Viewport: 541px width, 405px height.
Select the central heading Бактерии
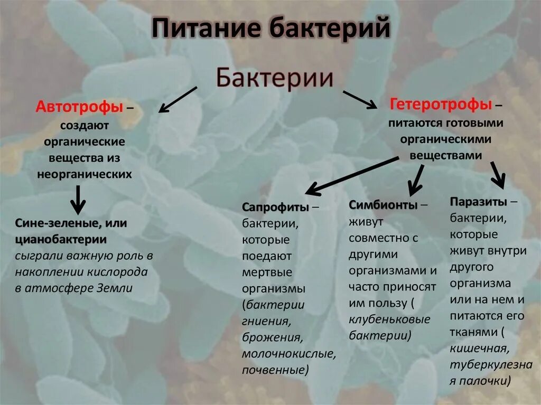pyautogui.click(x=275, y=78)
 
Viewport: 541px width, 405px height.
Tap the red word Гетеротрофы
pyautogui.click(x=441, y=104)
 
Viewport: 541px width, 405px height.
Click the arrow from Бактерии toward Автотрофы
pyautogui.click(x=178, y=100)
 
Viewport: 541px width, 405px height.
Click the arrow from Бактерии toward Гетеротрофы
pyautogui.click(x=360, y=99)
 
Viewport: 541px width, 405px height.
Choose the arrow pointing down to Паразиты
pyautogui.click(x=497, y=175)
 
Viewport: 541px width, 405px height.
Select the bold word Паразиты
pyautogui.click(x=479, y=202)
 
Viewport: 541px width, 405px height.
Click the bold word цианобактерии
pyautogui.click(x=61, y=240)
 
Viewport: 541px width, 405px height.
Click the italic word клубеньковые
pyautogui.click(x=389, y=319)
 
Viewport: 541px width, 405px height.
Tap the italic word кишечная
pyautogui.click(x=479, y=349)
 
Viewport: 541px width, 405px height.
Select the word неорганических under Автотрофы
pyautogui.click(x=85, y=174)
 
